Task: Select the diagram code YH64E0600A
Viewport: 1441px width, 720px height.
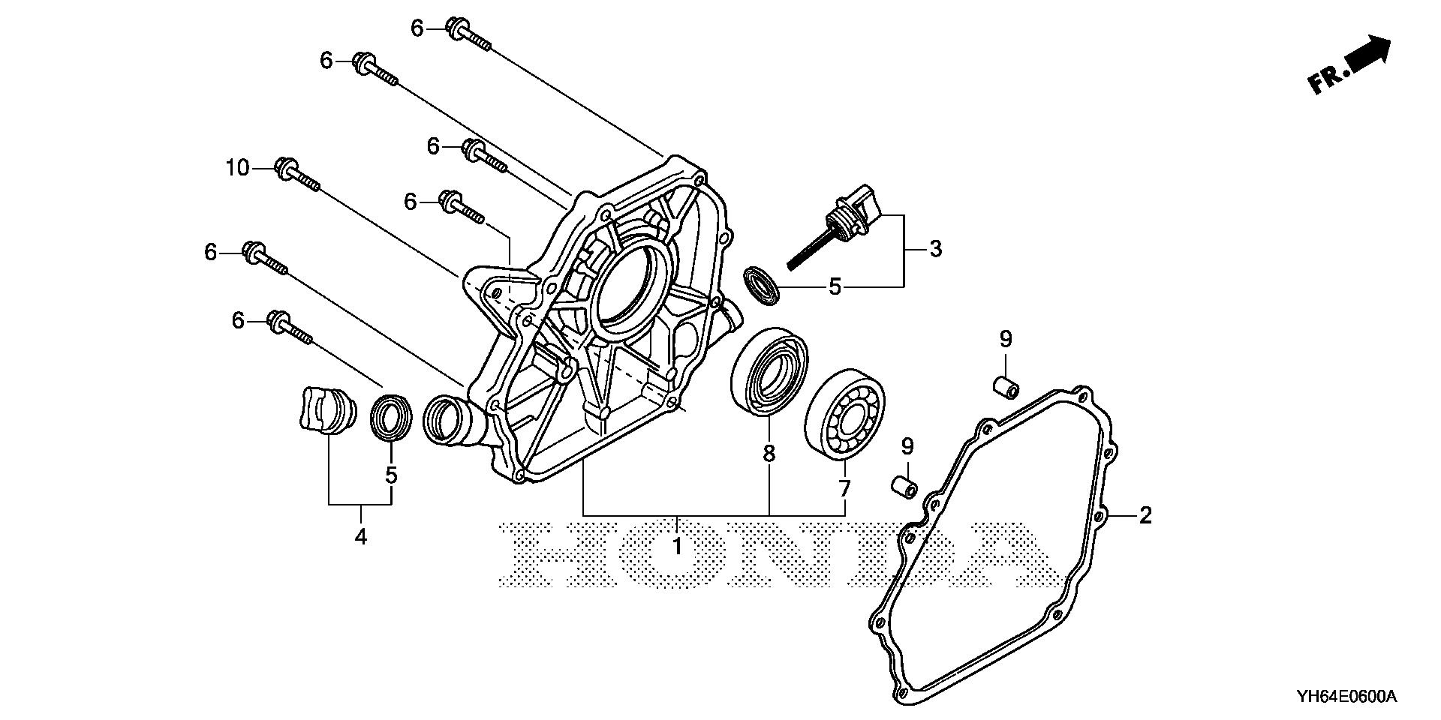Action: point(1346,697)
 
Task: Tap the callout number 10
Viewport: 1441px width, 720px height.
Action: point(237,168)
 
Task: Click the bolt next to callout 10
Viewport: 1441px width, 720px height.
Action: point(299,175)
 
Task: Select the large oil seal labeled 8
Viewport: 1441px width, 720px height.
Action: point(769,370)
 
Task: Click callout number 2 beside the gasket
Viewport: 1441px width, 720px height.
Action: point(1145,515)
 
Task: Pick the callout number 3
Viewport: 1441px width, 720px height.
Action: point(935,248)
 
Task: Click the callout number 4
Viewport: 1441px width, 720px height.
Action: point(361,537)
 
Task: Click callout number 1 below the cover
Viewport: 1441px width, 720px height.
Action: point(677,547)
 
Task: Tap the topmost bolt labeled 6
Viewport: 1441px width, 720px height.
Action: point(470,34)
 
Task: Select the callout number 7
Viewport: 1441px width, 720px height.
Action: point(844,489)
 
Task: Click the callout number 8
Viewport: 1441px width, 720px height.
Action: point(769,454)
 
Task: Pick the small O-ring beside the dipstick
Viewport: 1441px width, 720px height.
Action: point(763,285)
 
